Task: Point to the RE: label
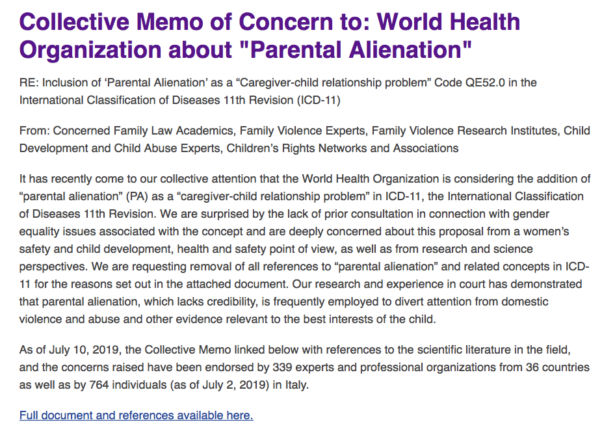pos(29,83)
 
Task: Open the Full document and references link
pos(136,415)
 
